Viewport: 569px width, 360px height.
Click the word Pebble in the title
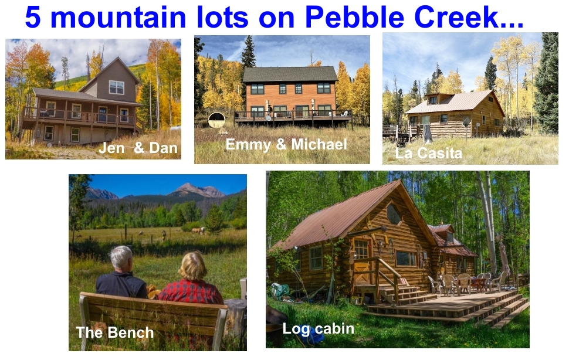click(x=354, y=17)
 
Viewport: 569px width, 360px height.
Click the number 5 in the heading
click(x=33, y=17)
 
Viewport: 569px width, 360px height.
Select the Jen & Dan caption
click(x=138, y=148)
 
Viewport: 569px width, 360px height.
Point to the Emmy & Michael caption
click(x=286, y=144)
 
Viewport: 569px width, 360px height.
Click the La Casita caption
click(x=429, y=153)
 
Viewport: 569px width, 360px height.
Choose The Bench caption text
click(x=114, y=332)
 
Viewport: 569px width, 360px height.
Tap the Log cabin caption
click(x=319, y=329)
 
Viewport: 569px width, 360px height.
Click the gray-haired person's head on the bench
click(x=121, y=259)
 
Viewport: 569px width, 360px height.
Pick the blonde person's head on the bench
click(x=192, y=266)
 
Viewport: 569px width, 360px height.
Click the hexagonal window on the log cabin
click(x=394, y=213)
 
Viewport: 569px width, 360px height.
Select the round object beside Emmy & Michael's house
click(x=216, y=120)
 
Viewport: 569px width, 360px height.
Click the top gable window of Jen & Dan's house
click(x=117, y=87)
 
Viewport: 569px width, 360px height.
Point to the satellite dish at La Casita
click(x=466, y=122)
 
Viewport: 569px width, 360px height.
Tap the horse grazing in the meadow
click(x=198, y=230)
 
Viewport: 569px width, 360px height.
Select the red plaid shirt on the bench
click(x=191, y=292)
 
